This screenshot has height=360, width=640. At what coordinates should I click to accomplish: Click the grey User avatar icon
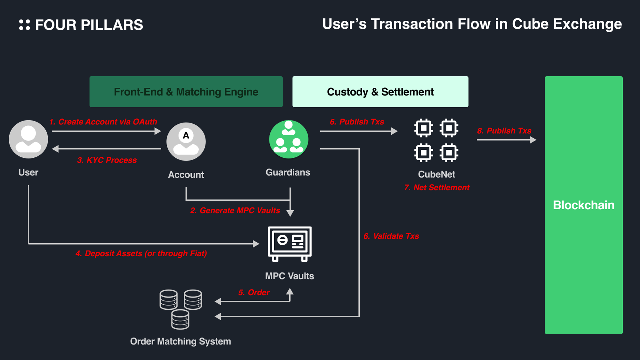(28, 139)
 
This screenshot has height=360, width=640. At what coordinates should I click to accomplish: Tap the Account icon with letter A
(186, 141)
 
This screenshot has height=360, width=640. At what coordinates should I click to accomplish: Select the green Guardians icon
(289, 139)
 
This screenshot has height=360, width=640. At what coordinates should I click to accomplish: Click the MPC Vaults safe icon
(290, 244)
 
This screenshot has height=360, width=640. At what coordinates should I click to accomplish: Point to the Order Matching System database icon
(180, 309)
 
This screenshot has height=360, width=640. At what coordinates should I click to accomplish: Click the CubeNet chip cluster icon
(436, 140)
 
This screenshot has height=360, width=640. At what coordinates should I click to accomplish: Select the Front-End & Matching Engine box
(186, 92)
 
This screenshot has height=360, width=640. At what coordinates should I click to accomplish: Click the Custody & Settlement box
(380, 92)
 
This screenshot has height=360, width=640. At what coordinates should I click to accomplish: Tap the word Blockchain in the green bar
(584, 205)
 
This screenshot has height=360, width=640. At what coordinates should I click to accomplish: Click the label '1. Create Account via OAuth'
(103, 122)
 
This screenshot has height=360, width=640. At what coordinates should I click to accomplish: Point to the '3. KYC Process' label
(107, 160)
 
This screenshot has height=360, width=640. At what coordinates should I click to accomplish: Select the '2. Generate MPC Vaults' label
(235, 211)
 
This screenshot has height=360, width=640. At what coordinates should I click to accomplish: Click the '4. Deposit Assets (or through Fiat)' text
(141, 253)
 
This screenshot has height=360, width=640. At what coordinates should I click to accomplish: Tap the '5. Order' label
(254, 292)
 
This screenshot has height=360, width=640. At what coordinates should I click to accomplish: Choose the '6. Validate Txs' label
(391, 236)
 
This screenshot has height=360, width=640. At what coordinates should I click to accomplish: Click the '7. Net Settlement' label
(437, 188)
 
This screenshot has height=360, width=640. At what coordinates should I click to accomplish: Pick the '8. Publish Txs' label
(504, 131)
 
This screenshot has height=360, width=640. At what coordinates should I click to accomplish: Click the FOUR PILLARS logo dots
(24, 25)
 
